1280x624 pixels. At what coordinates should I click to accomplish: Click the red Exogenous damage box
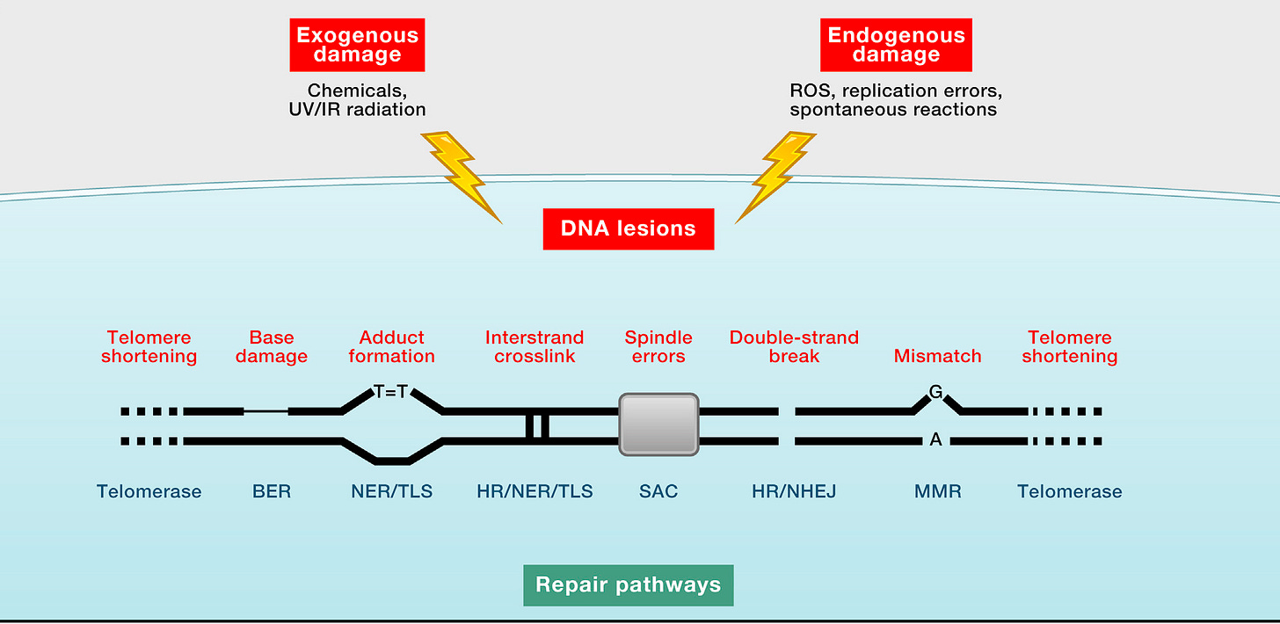[x=357, y=45]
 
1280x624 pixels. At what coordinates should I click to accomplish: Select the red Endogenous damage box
[x=896, y=45]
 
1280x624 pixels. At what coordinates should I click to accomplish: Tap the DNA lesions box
[x=629, y=229]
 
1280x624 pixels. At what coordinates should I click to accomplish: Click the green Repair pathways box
[x=629, y=585]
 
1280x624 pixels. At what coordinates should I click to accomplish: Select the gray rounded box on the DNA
[x=658, y=424]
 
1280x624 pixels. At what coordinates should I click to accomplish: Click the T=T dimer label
[x=391, y=392]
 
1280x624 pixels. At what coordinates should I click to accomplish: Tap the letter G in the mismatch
[x=935, y=392]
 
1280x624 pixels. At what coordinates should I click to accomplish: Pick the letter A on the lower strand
[x=935, y=439]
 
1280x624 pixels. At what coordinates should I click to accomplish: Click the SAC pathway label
[x=658, y=491]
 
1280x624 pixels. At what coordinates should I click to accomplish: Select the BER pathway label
[x=272, y=491]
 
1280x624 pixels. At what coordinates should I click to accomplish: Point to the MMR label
[x=938, y=491]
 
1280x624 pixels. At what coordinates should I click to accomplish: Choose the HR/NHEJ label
[x=794, y=491]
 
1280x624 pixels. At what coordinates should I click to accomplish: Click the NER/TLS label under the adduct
[x=391, y=491]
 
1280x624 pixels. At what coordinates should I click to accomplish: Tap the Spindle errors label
[x=658, y=347]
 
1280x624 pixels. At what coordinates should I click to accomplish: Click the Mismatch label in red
[x=938, y=356]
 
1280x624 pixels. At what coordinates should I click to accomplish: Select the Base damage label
[x=272, y=347]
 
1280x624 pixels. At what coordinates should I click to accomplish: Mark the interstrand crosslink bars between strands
[x=537, y=426]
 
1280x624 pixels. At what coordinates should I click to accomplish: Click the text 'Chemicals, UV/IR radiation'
[x=357, y=100]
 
